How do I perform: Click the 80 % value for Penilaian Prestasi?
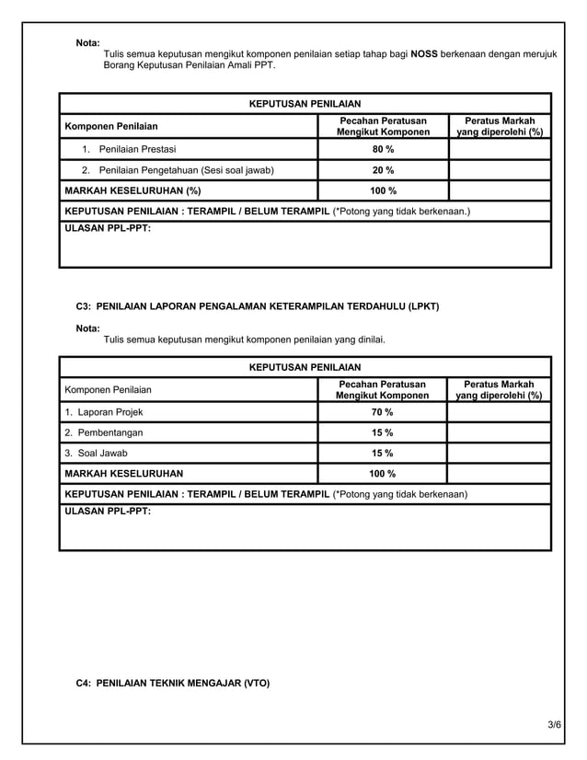[382, 149]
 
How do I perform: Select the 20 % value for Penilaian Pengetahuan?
[382, 170]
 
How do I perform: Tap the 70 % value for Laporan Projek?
[382, 411]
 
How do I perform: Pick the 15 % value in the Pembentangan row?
[382, 432]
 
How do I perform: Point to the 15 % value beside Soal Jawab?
[382, 453]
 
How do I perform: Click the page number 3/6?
[553, 727]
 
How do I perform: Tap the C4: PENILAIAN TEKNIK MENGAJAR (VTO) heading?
[172, 684]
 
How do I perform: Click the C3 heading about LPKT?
[257, 305]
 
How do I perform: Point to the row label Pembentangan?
[103, 432]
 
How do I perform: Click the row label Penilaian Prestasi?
[137, 149]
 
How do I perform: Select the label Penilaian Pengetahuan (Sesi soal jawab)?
[185, 170]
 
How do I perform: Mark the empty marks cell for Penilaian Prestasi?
[500, 149]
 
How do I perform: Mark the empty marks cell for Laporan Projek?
[500, 411]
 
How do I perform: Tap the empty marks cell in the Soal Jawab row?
[500, 453]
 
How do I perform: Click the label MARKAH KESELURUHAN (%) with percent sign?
[132, 191]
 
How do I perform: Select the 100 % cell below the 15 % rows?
[382, 474]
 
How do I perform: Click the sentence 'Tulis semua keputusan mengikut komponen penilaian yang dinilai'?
[245, 340]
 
